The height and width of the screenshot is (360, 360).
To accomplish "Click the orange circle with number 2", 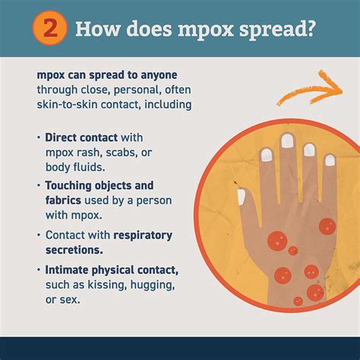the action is point(50,27).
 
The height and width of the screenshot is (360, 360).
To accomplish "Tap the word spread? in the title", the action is point(277,30).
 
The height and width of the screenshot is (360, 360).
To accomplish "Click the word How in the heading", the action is point(97,28).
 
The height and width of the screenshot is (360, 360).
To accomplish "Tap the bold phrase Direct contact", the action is point(81,137).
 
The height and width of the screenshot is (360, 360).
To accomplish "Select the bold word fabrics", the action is point(63,200).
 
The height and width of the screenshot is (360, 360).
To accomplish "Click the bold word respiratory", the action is point(143,235).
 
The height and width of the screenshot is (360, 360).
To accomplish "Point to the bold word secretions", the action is point(74,250).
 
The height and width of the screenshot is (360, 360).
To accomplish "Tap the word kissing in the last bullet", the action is point(107,285).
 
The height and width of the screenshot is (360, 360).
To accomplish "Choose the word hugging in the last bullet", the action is point(153,285).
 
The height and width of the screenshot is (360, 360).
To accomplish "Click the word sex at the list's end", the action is point(70,300).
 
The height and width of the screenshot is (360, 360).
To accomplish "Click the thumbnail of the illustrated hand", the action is point(242,197).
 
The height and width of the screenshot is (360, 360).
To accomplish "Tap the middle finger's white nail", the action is point(287,141).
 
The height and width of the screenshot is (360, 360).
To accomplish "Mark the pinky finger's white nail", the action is point(330,160).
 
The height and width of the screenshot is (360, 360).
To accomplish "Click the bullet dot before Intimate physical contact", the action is point(39,270).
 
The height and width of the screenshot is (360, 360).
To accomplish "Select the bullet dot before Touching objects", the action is point(39,185).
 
